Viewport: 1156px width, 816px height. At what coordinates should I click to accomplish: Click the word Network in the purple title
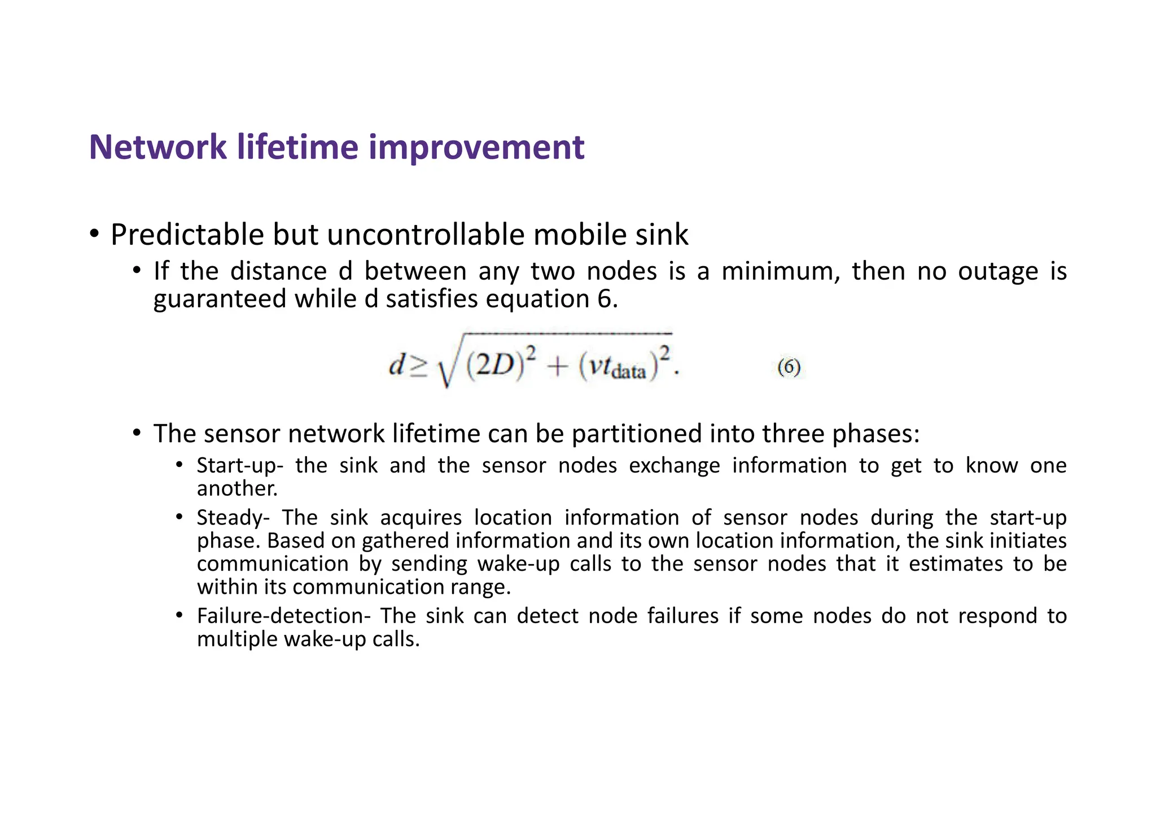(157, 147)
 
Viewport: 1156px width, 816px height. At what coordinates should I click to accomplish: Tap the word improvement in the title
(476, 148)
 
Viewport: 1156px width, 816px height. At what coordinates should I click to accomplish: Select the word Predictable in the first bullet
(187, 235)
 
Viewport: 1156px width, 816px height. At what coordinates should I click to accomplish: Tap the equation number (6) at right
(789, 367)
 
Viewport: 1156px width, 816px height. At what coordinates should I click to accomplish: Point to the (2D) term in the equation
(491, 365)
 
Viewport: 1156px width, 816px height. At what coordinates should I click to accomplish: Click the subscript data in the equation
(629, 372)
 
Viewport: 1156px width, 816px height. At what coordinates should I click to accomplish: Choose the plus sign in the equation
(557, 367)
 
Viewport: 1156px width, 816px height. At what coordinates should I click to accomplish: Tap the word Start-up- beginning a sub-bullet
(240, 466)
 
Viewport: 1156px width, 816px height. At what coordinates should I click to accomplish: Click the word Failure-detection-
(283, 616)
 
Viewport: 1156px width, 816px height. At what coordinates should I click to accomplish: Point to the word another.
(237, 488)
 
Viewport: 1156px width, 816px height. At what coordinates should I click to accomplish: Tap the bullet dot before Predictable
(94, 233)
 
